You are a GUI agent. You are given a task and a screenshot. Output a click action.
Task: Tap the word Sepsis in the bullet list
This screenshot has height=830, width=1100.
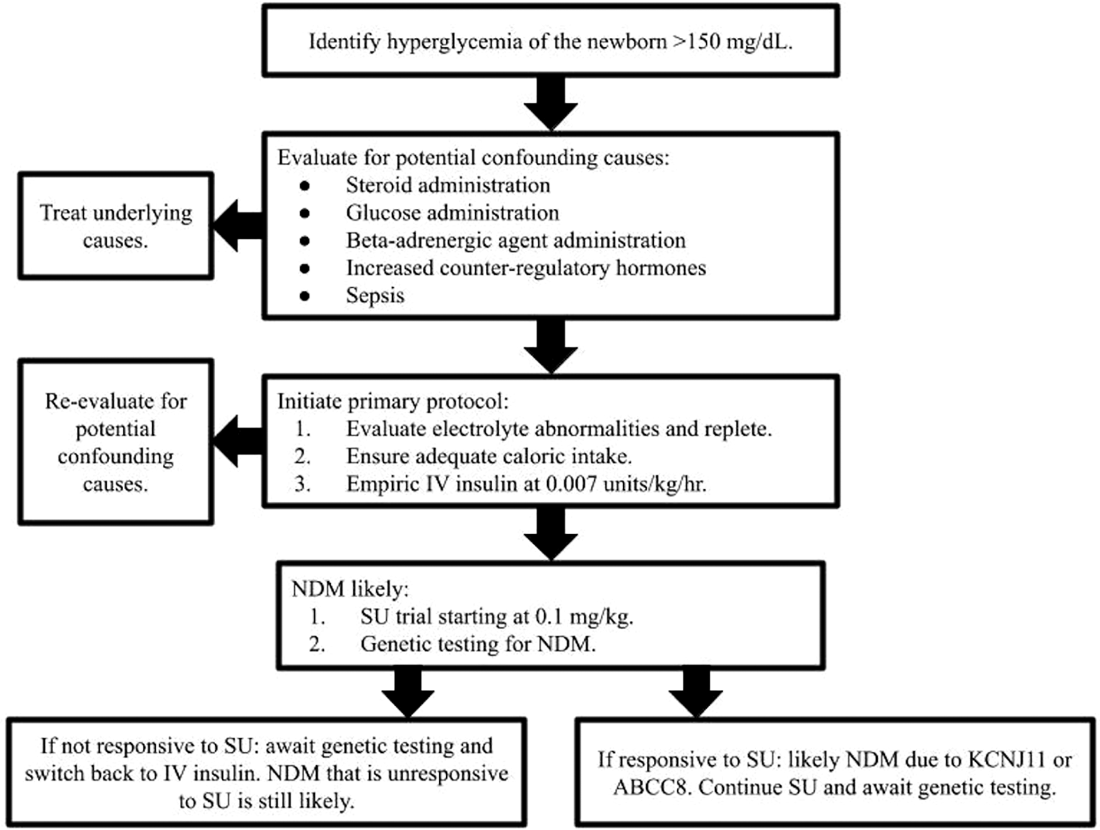point(375,295)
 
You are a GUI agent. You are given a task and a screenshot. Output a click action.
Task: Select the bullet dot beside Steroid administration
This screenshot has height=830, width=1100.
point(305,186)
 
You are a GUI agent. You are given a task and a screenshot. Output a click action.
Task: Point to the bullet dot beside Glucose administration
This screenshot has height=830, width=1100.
point(305,213)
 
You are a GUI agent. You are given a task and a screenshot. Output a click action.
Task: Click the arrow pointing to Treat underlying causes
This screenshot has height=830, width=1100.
point(237,225)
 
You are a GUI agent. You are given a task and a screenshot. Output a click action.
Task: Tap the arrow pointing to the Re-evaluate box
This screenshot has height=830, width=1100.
point(237,441)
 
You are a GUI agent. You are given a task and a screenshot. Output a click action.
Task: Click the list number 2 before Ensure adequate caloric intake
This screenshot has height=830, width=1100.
point(302,456)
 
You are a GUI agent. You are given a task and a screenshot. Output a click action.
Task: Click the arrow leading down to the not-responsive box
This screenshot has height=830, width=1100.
point(408,692)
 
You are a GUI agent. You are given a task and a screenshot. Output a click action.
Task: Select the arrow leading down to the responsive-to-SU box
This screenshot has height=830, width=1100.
point(696,692)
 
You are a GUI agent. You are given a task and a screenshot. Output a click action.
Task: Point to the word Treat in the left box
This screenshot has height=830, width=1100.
point(62,213)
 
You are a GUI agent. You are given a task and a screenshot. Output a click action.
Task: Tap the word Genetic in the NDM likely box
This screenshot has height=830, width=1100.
point(398,644)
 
